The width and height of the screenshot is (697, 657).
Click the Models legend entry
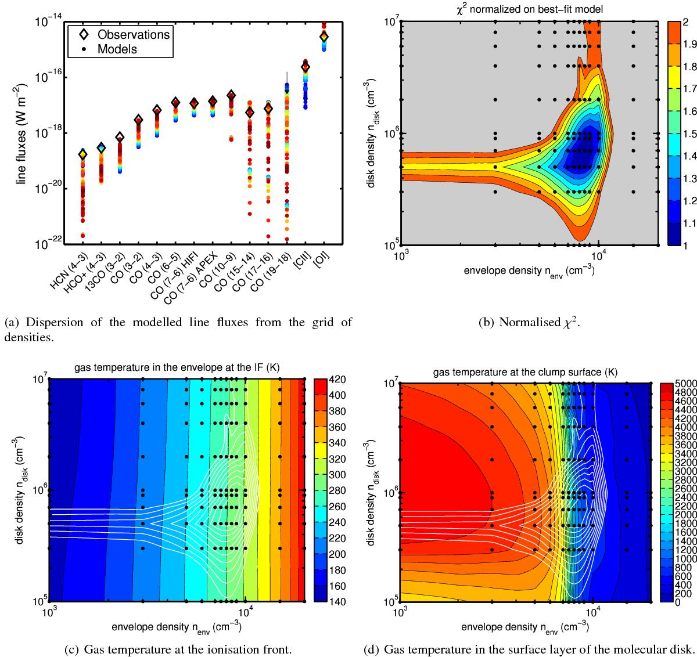(x=117, y=49)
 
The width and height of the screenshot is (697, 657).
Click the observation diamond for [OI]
(x=324, y=37)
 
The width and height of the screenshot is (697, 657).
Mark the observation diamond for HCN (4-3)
(x=83, y=154)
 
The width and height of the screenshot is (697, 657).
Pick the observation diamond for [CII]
(x=306, y=67)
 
